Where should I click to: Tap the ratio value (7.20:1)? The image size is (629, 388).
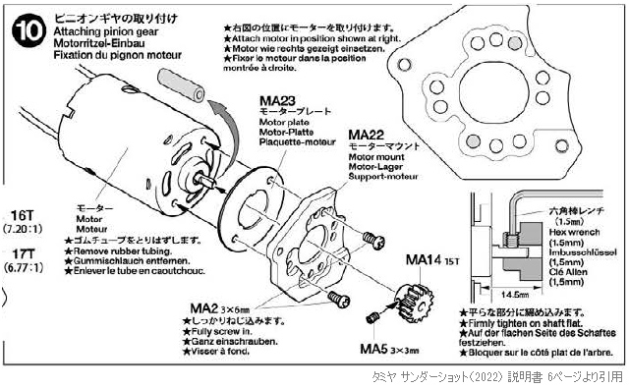click(24, 229)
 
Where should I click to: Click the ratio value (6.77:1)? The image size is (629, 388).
click(24, 266)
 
